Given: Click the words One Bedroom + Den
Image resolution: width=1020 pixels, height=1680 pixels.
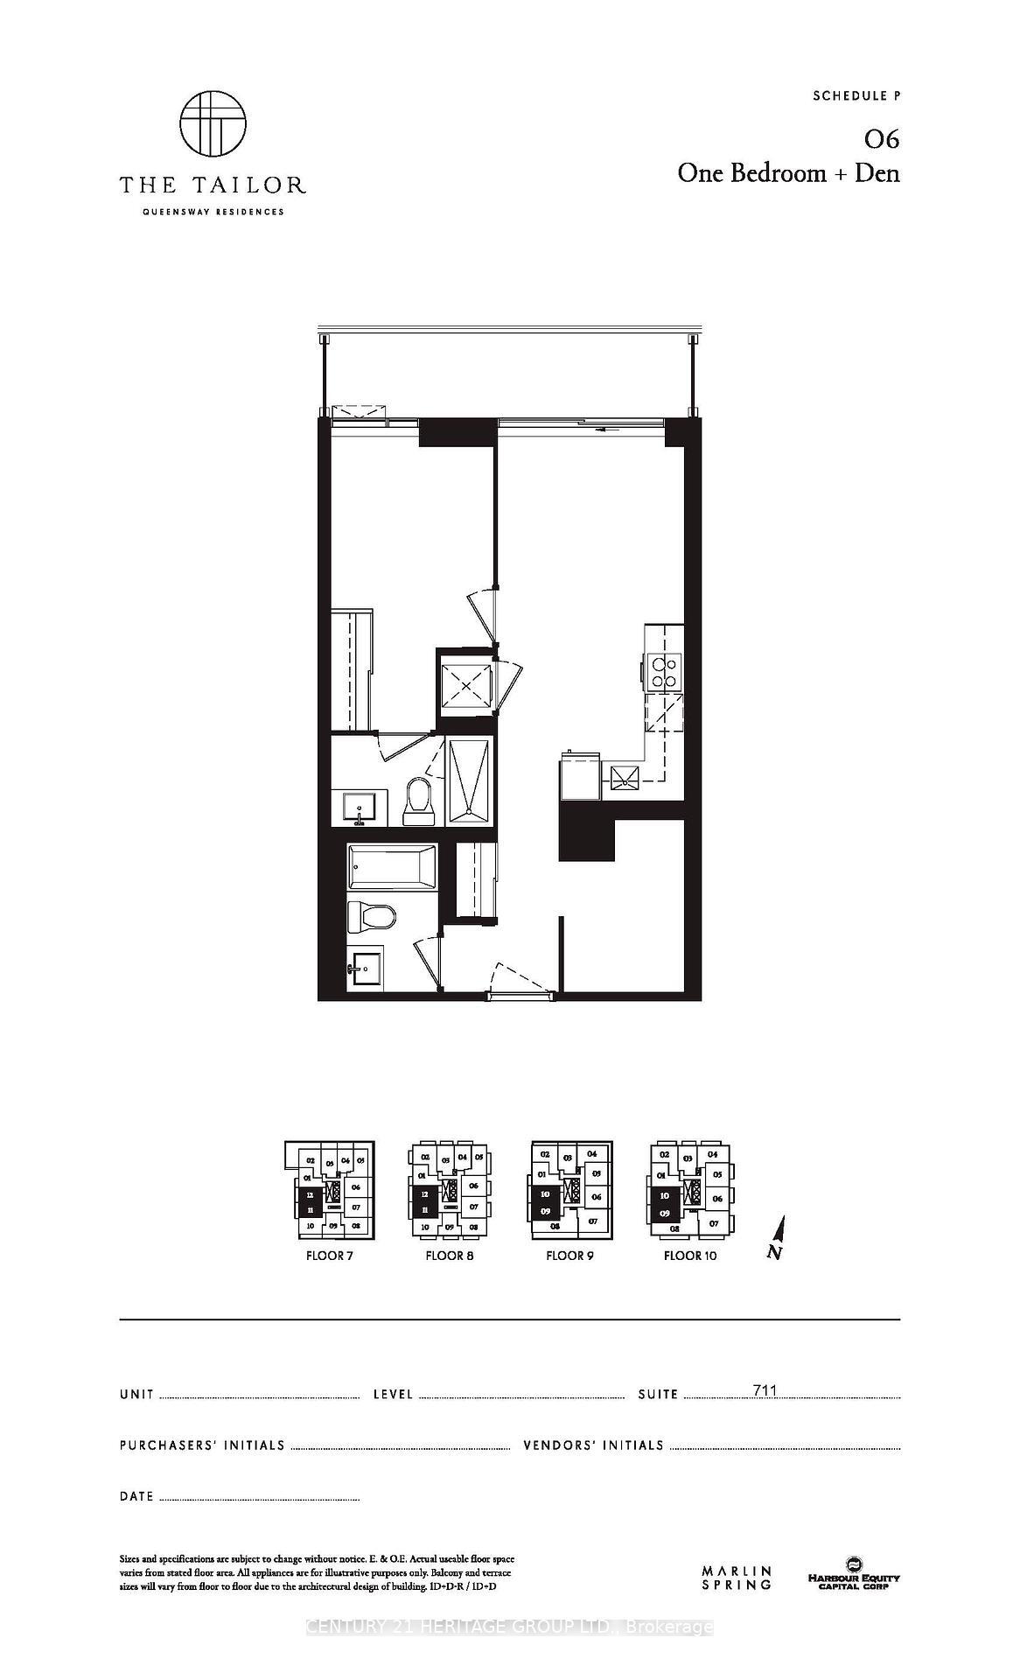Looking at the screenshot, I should click(788, 173).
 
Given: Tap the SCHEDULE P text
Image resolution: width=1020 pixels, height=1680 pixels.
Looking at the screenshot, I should click(856, 96).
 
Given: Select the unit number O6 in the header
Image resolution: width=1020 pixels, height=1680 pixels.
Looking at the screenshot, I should click(881, 140).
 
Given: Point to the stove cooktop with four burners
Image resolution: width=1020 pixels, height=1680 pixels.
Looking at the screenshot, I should click(664, 671).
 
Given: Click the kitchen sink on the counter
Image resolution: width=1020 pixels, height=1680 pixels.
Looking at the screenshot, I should click(625, 776).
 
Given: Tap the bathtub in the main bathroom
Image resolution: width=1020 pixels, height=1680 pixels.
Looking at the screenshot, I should click(391, 868).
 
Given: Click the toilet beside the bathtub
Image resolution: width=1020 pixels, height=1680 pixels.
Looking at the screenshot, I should click(370, 917).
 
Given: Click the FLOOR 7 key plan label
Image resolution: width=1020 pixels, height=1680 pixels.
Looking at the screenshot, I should click(329, 1256).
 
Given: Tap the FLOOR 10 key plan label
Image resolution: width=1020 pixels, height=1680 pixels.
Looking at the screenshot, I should click(689, 1256).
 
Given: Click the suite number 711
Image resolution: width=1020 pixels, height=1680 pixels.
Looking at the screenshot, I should click(765, 1390).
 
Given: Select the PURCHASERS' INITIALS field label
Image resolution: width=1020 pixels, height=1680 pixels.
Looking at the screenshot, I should click(202, 1445).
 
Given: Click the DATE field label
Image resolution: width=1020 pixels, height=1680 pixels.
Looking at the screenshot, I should click(136, 1496).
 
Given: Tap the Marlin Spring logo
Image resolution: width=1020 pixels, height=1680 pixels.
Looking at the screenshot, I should click(737, 1578).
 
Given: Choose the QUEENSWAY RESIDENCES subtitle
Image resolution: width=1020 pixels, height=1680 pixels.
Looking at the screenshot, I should click(213, 212).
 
